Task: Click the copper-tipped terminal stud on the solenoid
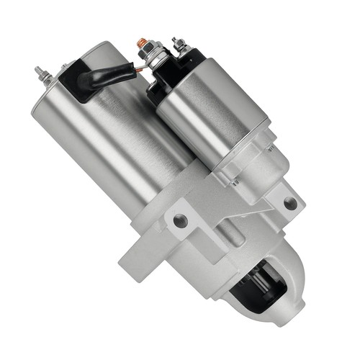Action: (143, 42)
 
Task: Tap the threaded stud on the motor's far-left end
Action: (40, 73)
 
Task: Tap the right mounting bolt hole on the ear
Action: (290, 204)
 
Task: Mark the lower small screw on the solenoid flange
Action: (235, 182)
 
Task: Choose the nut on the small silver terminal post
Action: (179, 49)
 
